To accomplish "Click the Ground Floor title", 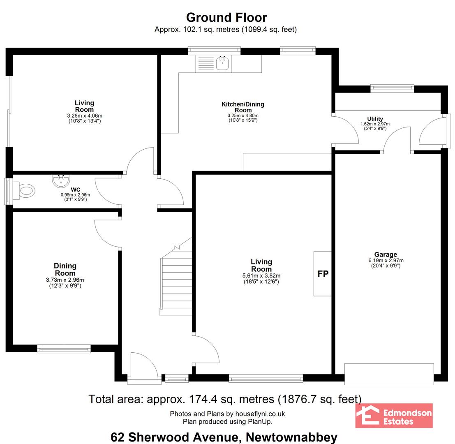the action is [x=226, y=18].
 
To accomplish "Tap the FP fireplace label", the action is [x=323, y=274].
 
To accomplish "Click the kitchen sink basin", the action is [x=222, y=63].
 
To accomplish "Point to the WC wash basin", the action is [x=61, y=180].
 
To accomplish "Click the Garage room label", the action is [x=386, y=254].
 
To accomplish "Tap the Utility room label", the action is [x=375, y=119].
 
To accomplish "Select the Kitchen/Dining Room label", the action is [x=243, y=107].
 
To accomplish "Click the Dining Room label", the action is [x=65, y=269].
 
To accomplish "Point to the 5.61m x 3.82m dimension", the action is [x=261, y=276].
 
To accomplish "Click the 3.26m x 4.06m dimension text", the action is [x=84, y=116].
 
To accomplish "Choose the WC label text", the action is [x=76, y=190].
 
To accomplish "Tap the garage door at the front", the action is [x=389, y=374].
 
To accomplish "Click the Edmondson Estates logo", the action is [x=394, y=416].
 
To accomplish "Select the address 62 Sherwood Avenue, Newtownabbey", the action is [x=224, y=437].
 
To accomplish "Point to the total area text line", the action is [x=225, y=399].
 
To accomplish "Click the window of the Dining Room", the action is [x=64, y=349].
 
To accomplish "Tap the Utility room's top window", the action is [x=392, y=88].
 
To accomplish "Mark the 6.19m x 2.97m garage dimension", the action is [x=386, y=260].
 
